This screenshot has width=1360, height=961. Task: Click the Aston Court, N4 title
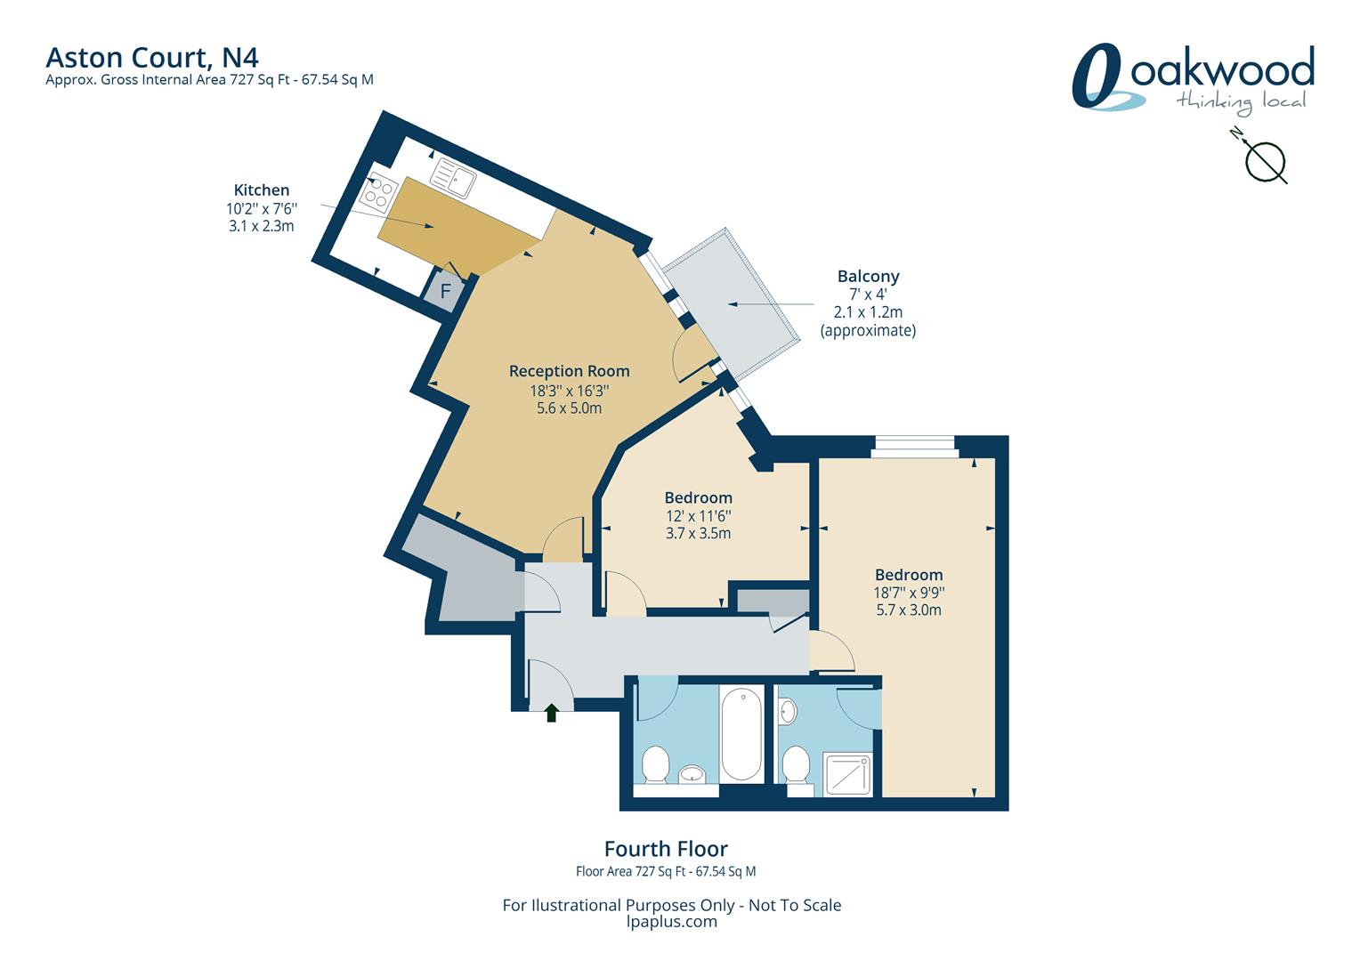point(152,58)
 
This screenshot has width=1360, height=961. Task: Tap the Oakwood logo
point(1193,79)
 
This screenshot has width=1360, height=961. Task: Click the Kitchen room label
point(262,190)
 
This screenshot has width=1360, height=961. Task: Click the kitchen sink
point(453,177)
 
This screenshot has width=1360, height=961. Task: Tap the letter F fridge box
point(445,291)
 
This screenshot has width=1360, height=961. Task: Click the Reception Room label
point(569,371)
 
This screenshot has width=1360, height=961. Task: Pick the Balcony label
point(868,277)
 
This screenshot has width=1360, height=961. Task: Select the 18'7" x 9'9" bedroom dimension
point(909,593)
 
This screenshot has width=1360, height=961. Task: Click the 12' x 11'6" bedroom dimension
point(698,516)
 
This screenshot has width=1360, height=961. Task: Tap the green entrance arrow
point(551,713)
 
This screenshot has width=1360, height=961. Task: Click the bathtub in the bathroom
point(741,735)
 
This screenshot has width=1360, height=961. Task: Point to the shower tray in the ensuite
point(847,775)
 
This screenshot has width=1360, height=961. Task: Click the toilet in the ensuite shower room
point(797,766)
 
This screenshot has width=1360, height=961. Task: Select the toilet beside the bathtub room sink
point(656,764)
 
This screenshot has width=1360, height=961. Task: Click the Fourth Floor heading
point(666,849)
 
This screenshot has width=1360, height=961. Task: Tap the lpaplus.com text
point(671,922)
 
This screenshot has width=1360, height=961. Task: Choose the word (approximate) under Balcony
point(868,331)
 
